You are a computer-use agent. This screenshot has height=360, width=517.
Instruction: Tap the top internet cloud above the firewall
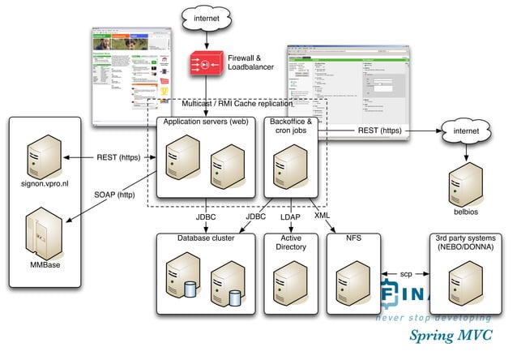[x=207, y=17]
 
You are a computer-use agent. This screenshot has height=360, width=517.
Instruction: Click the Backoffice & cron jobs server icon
[x=293, y=163]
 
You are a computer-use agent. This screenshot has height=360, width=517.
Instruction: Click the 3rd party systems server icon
[x=468, y=280]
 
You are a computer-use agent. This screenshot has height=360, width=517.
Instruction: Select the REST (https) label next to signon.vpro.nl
[x=120, y=158]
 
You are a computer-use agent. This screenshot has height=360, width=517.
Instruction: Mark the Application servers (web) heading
[x=206, y=121]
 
